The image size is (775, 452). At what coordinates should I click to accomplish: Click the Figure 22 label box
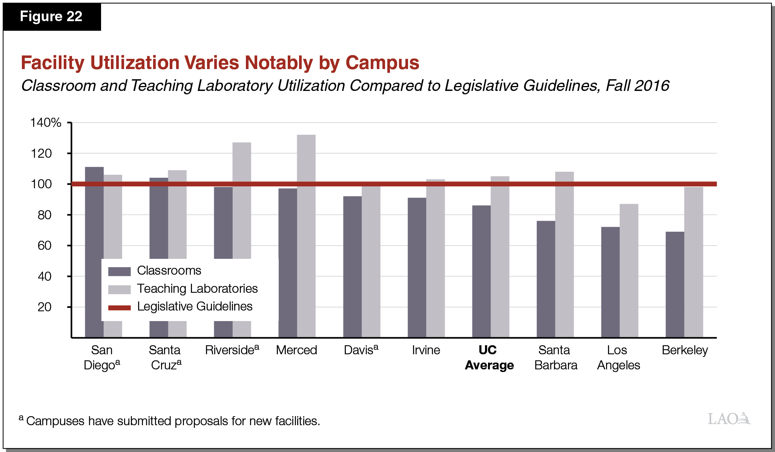pyautogui.click(x=51, y=17)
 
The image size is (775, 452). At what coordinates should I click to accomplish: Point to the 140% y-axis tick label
pyautogui.click(x=46, y=123)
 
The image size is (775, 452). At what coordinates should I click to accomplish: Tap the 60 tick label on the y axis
pyautogui.click(x=45, y=246)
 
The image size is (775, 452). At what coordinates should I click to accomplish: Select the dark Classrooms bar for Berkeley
pyautogui.click(x=675, y=285)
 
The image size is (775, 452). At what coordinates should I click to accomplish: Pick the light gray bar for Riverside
pyautogui.click(x=242, y=200)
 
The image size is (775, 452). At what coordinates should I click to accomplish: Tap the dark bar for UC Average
pyautogui.click(x=481, y=272)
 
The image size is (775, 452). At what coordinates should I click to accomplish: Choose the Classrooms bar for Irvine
pyautogui.click(x=417, y=268)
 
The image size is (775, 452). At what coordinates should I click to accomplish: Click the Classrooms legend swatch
pyautogui.click(x=119, y=271)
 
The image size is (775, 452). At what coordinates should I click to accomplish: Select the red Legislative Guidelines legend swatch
pyautogui.click(x=119, y=307)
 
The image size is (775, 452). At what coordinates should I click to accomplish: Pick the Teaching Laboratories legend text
pyautogui.click(x=197, y=289)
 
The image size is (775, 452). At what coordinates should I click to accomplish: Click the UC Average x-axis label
pyautogui.click(x=489, y=358)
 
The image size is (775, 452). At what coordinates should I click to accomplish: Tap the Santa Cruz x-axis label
pyautogui.click(x=165, y=358)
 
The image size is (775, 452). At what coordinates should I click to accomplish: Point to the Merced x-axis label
pyautogui.click(x=296, y=350)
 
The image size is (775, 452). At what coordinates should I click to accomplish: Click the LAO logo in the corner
pyautogui.click(x=729, y=419)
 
